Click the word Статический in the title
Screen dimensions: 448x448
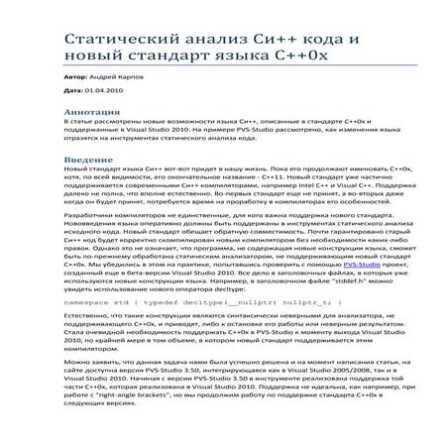point(110,40)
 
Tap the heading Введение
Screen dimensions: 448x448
point(88,162)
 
